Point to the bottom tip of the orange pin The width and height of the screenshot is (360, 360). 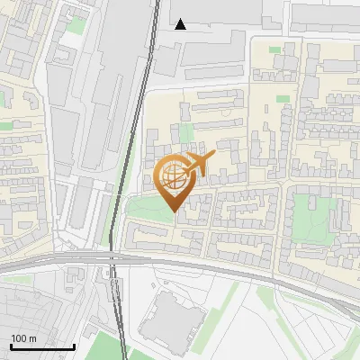(x=172, y=211)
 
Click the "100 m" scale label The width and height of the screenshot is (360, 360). (x=23, y=337)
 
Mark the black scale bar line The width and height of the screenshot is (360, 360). (x=42, y=346)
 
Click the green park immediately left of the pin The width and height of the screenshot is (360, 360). (x=144, y=210)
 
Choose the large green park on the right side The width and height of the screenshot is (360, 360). (x=314, y=216)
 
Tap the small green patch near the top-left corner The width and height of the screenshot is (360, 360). (x=76, y=27)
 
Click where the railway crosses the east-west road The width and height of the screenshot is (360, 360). (x=112, y=259)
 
